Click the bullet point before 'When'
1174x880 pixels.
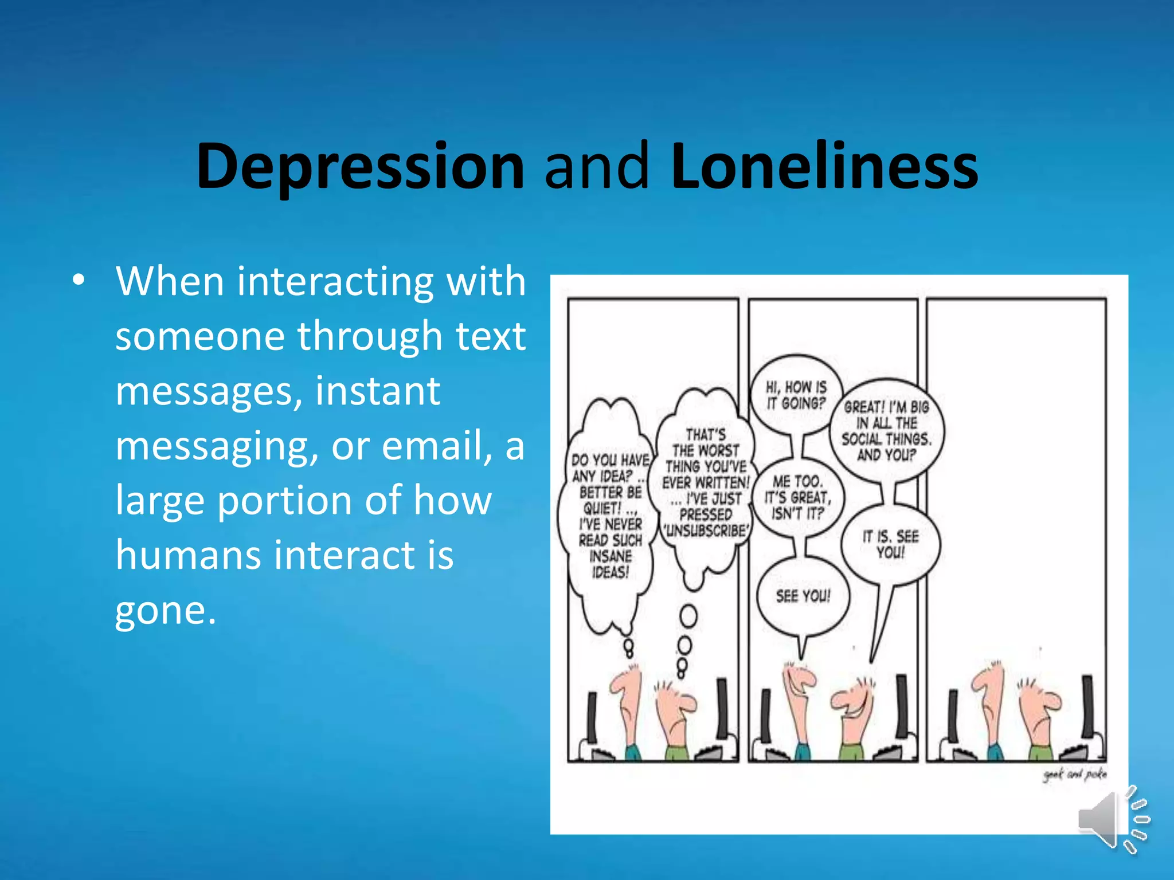tap(79, 280)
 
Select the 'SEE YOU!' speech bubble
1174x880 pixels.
tap(803, 596)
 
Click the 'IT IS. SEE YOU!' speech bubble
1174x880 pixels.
tap(890, 544)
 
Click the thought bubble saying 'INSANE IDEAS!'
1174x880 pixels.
tap(610, 516)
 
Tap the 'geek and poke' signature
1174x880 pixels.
tap(1074, 775)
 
